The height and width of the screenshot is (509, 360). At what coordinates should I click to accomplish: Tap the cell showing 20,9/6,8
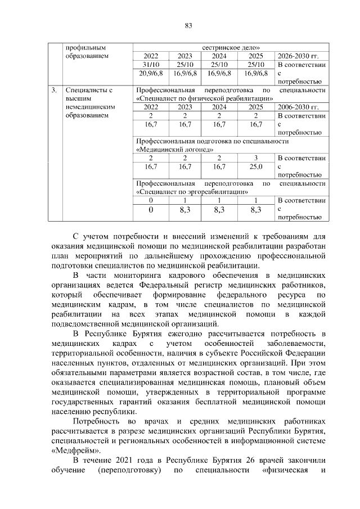pos(151,73)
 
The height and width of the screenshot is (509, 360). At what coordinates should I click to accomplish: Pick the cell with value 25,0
pos(256,166)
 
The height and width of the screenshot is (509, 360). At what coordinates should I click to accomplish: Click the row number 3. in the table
pos(53,90)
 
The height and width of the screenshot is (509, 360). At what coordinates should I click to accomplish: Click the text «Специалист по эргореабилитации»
pos(193,191)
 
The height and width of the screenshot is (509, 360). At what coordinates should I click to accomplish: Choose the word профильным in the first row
pos(85,48)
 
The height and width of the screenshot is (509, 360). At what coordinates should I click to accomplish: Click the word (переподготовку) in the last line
pos(129,470)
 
